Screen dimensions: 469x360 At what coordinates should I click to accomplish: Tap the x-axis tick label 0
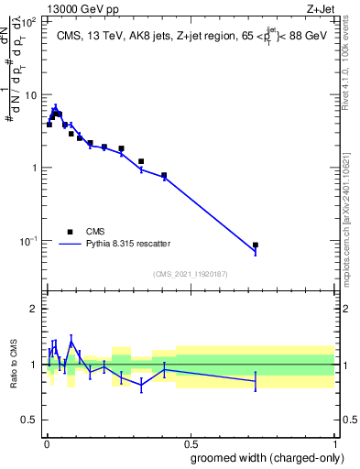coord(46,442)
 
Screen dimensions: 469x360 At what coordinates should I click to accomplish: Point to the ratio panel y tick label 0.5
coord(28,420)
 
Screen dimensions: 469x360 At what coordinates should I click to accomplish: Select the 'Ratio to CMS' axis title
coord(13,364)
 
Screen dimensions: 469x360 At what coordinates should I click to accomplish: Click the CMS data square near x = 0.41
coord(164,175)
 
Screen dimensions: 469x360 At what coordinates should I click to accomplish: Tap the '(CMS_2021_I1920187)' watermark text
coord(190,273)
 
